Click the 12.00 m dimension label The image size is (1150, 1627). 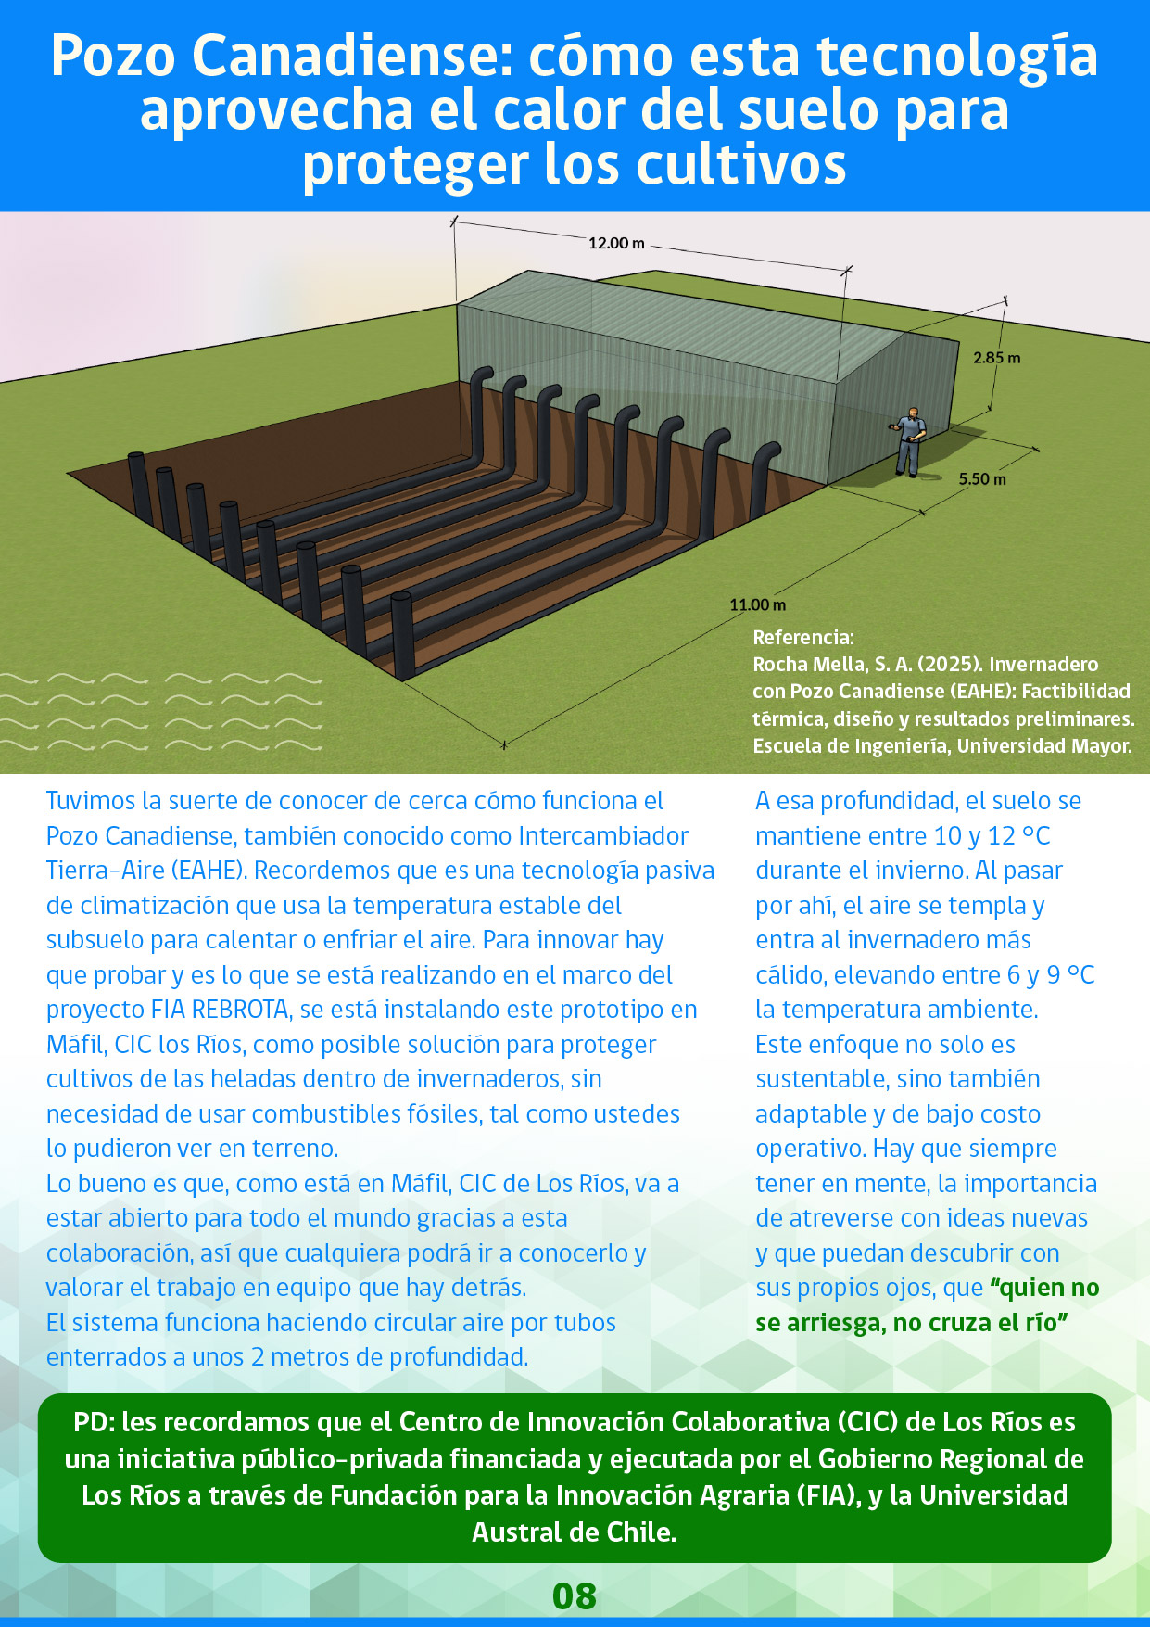coord(616,243)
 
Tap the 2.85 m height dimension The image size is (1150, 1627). coord(996,358)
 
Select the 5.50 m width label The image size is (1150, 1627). coord(981,479)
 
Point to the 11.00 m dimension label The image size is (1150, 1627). coord(757,604)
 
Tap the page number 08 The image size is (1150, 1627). coord(575,1595)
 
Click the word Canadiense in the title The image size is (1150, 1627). coord(351,57)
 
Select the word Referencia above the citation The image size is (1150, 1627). coord(802,638)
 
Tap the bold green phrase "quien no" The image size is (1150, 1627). coord(1044,1288)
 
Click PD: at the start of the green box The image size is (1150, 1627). coord(94,1422)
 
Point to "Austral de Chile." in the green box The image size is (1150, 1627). coord(575,1532)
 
